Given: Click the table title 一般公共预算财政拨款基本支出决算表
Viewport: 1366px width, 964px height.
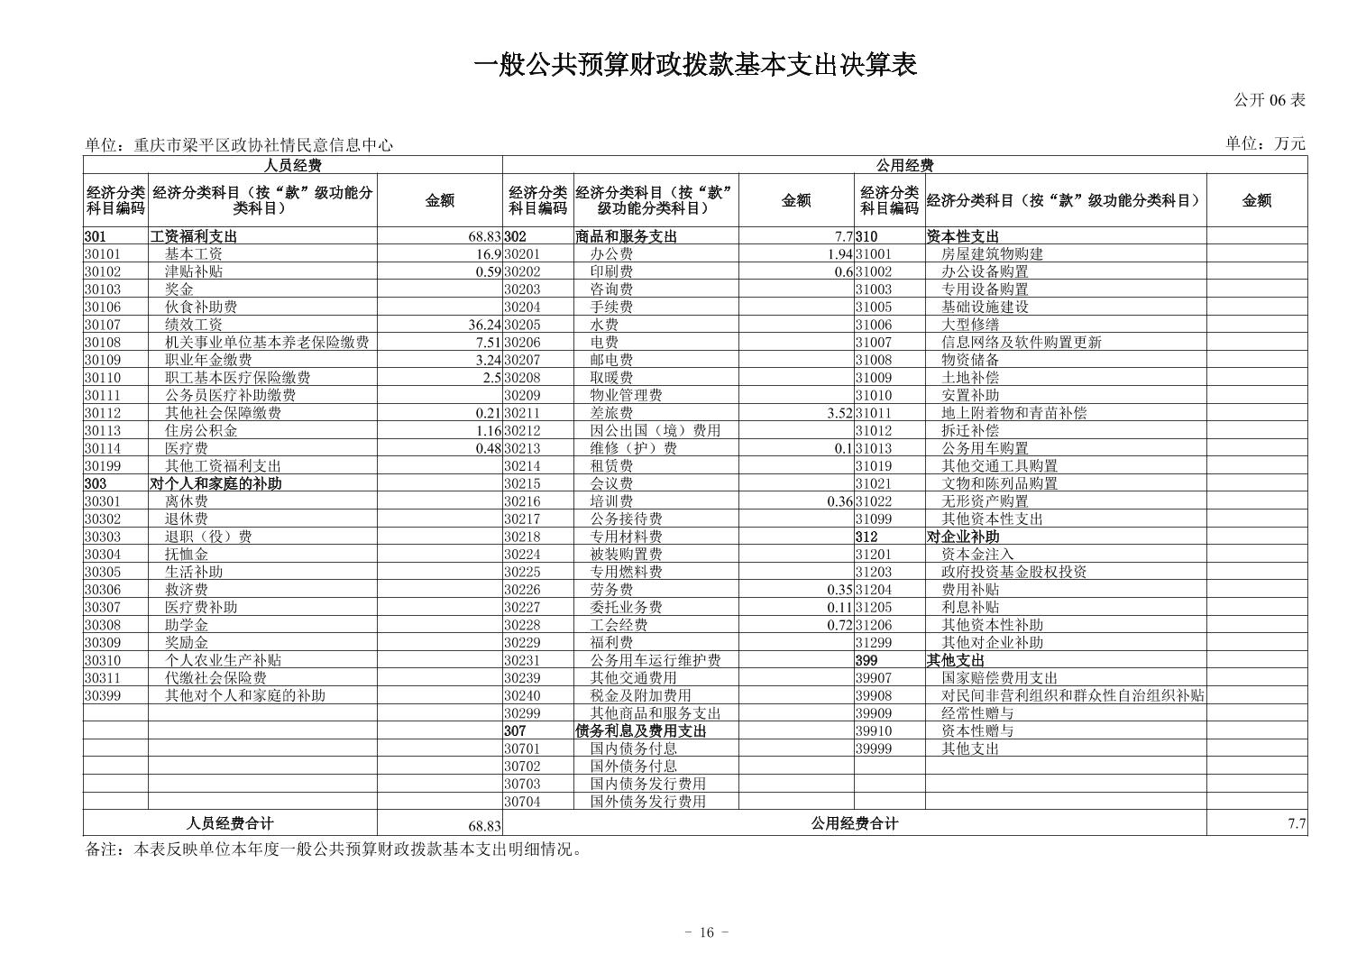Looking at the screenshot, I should tap(694, 65).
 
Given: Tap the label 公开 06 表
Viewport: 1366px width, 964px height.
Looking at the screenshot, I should tap(1269, 100).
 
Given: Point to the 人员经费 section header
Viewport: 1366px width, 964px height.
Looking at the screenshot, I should tap(292, 165).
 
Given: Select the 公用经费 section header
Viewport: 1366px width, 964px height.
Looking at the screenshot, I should tap(904, 165).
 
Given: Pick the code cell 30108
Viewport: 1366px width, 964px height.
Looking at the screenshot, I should tap(103, 343).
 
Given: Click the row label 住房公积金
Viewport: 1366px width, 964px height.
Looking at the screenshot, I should tap(201, 431).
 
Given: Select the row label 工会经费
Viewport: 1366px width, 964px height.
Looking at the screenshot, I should tap(619, 625).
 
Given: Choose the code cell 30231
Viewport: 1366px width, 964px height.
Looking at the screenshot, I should tap(522, 660).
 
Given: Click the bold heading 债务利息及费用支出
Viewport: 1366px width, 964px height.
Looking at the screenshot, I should tap(641, 731).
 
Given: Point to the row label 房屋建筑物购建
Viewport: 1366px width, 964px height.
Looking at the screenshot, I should tap(992, 254).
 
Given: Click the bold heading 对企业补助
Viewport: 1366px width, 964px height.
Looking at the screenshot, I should tap(963, 537).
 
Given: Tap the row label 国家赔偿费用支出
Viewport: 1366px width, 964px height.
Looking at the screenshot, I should tap(999, 678).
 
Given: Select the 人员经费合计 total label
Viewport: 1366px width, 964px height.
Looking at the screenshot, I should tap(230, 823).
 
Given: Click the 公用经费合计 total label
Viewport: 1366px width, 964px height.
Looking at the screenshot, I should tap(854, 823).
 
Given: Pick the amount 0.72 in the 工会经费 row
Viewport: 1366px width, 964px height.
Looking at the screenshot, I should tap(839, 625).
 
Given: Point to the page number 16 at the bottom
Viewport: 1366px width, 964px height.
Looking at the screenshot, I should tap(706, 932).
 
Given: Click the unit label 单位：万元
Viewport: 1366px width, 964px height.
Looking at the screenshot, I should tap(1265, 143).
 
